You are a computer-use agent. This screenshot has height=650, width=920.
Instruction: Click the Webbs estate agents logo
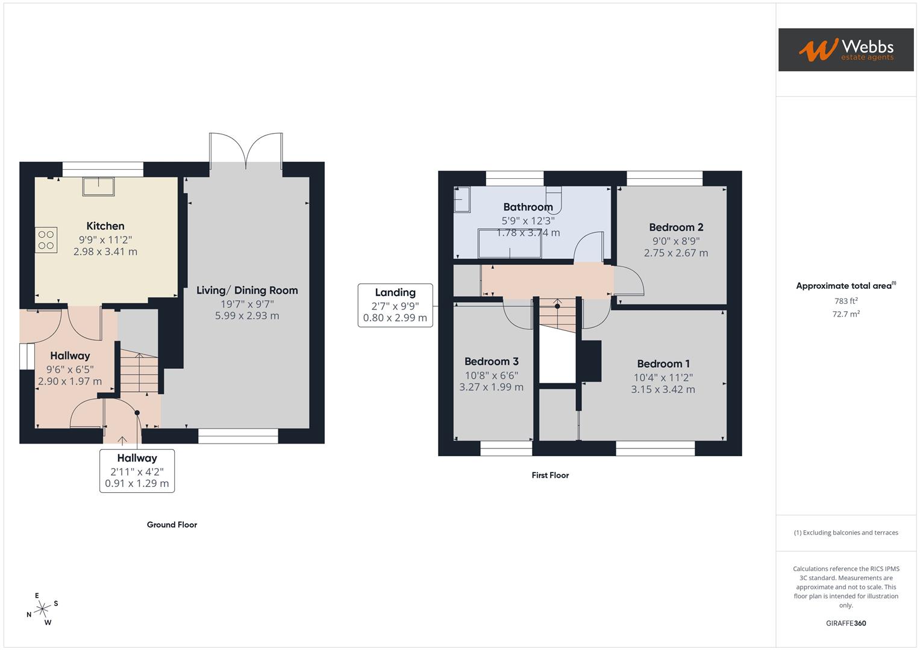(845, 49)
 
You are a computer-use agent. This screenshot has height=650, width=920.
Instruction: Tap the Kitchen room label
(105, 226)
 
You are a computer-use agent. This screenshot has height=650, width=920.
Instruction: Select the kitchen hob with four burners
(46, 240)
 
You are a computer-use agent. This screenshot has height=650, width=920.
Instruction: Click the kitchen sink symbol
(98, 187)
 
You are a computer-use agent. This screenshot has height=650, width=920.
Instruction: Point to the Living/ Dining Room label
(247, 290)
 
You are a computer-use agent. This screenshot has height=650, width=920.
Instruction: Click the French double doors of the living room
(246, 150)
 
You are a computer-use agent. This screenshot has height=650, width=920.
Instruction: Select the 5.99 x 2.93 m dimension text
(247, 315)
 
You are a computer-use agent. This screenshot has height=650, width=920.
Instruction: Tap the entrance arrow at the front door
(122, 441)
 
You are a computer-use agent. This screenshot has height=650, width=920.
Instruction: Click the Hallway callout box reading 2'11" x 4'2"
(137, 471)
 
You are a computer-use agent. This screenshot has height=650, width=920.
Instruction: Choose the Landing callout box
(395, 305)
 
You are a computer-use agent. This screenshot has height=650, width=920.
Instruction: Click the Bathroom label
(528, 207)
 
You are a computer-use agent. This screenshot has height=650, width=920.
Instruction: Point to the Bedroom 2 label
(676, 227)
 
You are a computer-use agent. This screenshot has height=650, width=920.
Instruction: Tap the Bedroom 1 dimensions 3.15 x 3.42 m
(663, 389)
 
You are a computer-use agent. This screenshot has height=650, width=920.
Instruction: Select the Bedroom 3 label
(491, 362)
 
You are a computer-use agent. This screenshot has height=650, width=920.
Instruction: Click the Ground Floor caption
(172, 525)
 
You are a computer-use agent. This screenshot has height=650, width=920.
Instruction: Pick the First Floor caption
(550, 475)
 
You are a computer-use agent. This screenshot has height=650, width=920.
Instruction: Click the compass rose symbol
(42, 610)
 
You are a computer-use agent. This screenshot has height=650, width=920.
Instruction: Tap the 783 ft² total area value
(846, 301)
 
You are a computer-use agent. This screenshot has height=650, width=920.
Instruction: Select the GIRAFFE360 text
(846, 624)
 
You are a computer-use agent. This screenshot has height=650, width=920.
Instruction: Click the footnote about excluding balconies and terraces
(846, 533)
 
